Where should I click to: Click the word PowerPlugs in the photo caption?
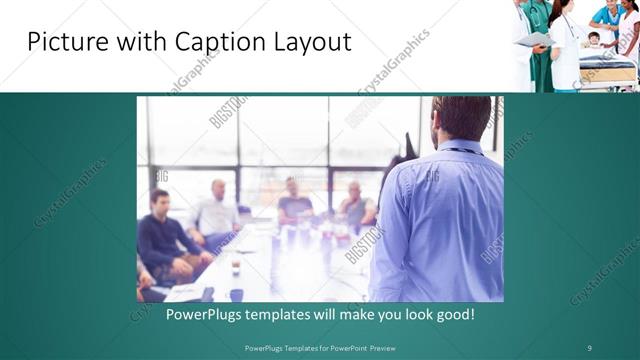177,314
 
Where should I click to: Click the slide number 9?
589,347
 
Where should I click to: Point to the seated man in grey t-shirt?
295,200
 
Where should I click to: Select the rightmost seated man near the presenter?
355,205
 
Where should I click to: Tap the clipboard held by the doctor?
532,38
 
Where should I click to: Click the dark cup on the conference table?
236,267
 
